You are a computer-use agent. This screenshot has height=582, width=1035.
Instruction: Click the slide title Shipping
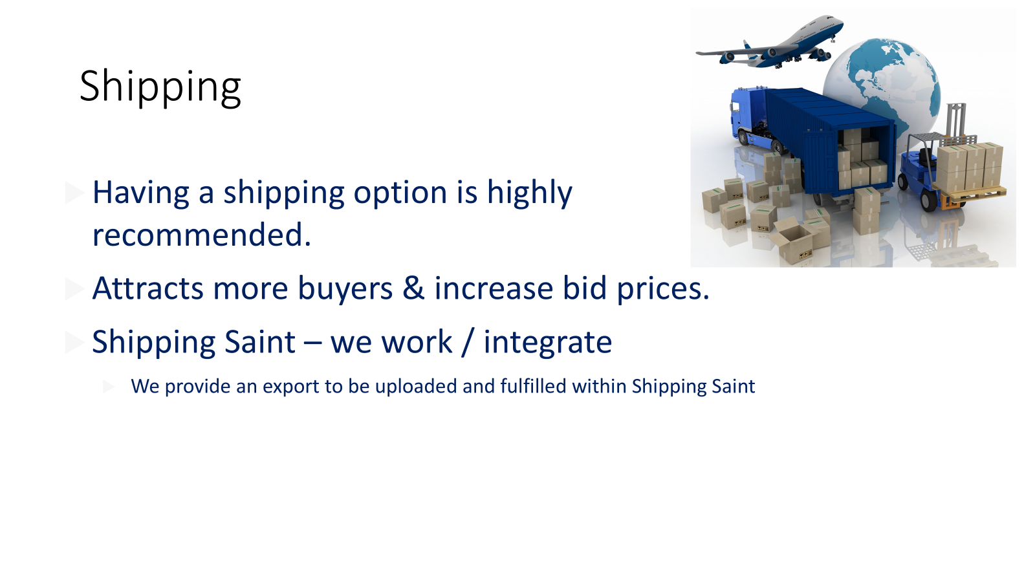click(x=160, y=87)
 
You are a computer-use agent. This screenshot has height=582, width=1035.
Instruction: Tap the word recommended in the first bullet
click(x=201, y=234)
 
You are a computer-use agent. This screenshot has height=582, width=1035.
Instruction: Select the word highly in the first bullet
click(x=530, y=193)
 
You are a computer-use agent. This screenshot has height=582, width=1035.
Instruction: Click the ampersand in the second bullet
click(x=413, y=288)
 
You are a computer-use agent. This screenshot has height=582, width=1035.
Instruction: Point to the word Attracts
click(x=148, y=288)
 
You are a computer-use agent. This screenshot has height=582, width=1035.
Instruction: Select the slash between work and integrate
click(x=468, y=342)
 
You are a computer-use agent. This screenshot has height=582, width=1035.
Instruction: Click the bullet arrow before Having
click(x=74, y=193)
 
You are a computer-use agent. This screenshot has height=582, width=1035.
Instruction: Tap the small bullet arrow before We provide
click(x=109, y=387)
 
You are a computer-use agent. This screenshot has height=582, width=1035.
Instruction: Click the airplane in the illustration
click(x=770, y=43)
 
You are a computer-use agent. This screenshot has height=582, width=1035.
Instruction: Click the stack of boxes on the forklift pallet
click(x=969, y=168)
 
